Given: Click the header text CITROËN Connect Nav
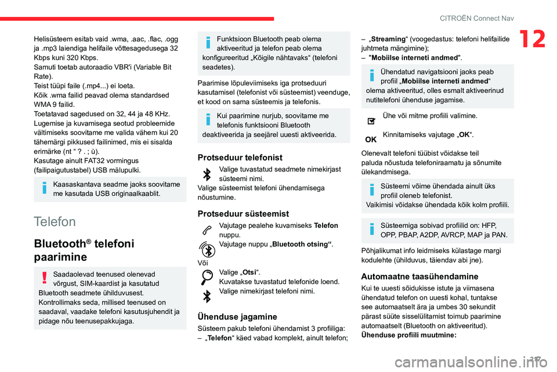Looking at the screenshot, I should pos(478,18).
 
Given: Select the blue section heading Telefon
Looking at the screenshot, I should pos(55,221).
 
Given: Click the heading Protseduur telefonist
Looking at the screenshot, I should pos(240,158).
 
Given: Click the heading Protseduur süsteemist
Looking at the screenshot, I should pos(243,214).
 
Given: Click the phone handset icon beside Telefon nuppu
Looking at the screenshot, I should pos(207,230).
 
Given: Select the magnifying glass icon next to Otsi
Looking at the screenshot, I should pos(207,276).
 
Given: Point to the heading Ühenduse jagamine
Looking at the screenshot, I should pos(238,317).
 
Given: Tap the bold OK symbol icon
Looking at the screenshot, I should pos(371,139).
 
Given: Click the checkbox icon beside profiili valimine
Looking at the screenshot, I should pos(371,120).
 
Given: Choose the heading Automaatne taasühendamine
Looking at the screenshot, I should pos(419,277).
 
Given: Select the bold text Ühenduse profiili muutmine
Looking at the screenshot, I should pos(409,335).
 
